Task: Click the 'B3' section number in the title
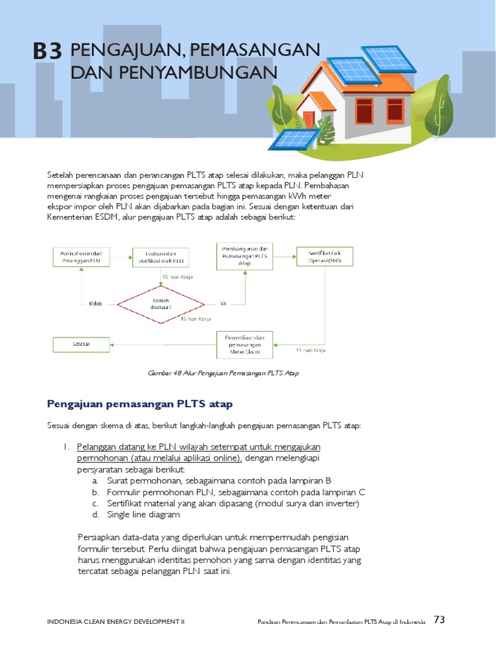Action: point(47,52)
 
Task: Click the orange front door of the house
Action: point(309,120)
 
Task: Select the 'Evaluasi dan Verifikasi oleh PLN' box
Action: point(161,257)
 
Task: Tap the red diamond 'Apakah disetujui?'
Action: point(161,303)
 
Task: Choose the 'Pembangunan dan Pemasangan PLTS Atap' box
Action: point(244,256)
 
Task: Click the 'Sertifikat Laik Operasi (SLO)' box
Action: point(325,257)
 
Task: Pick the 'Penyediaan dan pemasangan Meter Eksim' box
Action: point(244,345)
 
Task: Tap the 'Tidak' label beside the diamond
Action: point(95,304)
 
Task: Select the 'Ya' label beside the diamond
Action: point(223,303)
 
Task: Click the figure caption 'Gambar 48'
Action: point(163,373)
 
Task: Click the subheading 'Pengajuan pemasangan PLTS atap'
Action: point(139,404)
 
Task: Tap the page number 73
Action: point(439,619)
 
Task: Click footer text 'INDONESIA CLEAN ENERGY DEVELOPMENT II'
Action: point(116,621)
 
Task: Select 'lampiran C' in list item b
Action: point(344,491)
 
